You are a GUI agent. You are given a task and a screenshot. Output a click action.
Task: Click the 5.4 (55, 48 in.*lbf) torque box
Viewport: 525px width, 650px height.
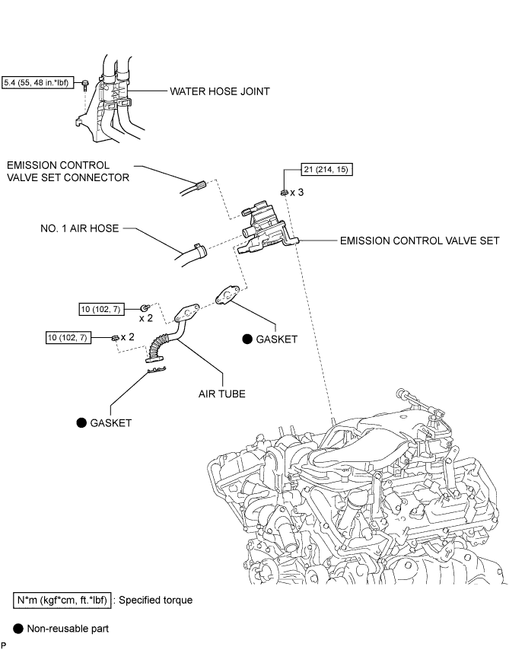click(37, 82)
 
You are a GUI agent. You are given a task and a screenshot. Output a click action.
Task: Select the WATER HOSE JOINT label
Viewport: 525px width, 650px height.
click(220, 91)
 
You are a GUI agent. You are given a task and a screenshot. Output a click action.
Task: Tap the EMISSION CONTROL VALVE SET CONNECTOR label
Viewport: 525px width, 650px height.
click(68, 171)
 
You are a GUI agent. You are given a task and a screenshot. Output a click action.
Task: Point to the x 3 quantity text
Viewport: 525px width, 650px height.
click(297, 193)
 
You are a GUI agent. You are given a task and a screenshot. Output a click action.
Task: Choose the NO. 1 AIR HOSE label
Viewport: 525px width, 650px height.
click(80, 228)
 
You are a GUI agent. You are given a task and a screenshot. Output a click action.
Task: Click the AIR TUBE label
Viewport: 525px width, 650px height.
click(221, 394)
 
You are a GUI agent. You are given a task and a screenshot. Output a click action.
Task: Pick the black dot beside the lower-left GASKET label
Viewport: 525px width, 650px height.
click(81, 423)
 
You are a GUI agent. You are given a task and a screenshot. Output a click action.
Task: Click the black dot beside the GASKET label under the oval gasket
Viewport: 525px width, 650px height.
click(247, 339)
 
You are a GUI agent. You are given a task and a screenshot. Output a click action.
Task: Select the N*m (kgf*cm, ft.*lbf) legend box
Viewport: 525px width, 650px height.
click(62, 601)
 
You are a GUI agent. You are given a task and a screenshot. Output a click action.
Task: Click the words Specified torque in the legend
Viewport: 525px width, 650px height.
click(155, 601)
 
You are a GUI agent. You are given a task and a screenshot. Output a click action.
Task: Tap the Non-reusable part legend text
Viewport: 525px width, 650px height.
click(68, 629)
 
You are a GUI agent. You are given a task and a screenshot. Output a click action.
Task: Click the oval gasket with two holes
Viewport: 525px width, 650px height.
click(227, 295)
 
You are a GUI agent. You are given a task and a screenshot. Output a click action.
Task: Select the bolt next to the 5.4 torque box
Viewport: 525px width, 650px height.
click(85, 85)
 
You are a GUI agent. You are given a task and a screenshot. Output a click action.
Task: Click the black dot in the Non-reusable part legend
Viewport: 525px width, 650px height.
click(17, 629)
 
